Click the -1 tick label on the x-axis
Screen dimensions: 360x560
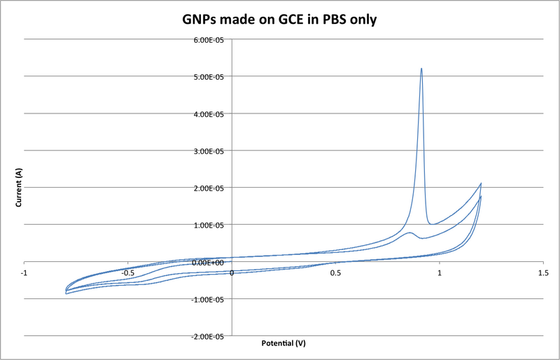(x=24, y=272)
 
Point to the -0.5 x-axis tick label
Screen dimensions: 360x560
(x=127, y=272)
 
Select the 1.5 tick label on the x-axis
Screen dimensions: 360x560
(x=542, y=272)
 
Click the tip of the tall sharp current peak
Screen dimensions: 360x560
(x=421, y=69)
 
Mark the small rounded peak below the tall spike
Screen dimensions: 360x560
(x=409, y=233)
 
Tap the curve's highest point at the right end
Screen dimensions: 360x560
(x=481, y=184)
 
